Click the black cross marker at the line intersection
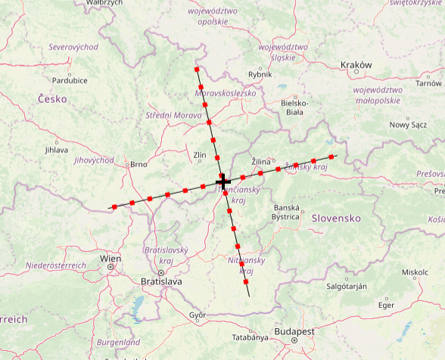coord(223,182)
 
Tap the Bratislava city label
coord(161,281)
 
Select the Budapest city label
coord(294,332)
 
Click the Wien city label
coord(110,259)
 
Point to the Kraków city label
coord(356,65)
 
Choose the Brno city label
coord(138,164)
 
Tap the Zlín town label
coord(200,155)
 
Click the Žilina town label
coord(261,161)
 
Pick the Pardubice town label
coord(70,80)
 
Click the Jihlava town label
coord(56,150)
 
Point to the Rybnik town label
coord(260,74)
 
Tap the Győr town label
coord(198,314)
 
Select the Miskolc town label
coord(415,272)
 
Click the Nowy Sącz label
coord(408,125)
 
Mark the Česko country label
coord(52,99)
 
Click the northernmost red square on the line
coord(198,69)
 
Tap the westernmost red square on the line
coord(114,206)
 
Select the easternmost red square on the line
coord(331,157)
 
